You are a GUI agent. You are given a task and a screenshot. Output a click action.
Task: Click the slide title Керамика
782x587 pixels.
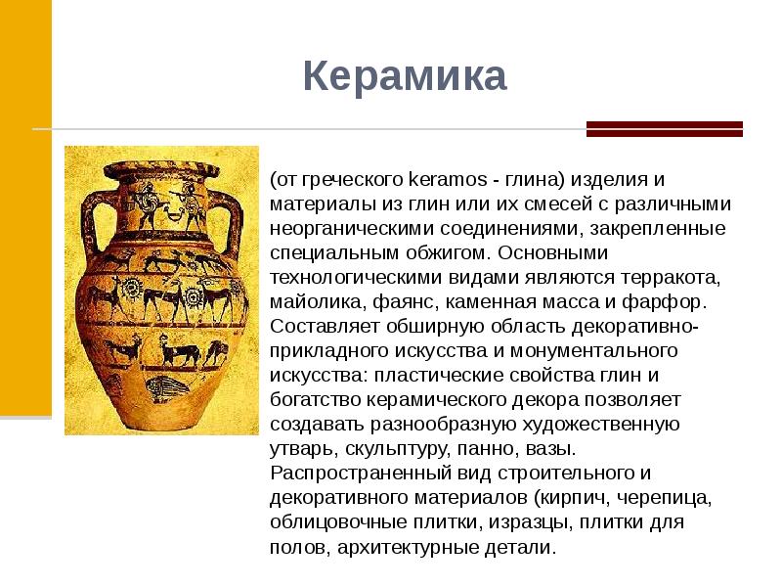click(x=404, y=76)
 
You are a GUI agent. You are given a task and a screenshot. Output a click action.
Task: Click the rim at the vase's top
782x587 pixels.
click(x=161, y=158)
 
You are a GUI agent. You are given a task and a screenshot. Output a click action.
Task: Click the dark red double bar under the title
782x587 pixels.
click(x=664, y=128)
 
